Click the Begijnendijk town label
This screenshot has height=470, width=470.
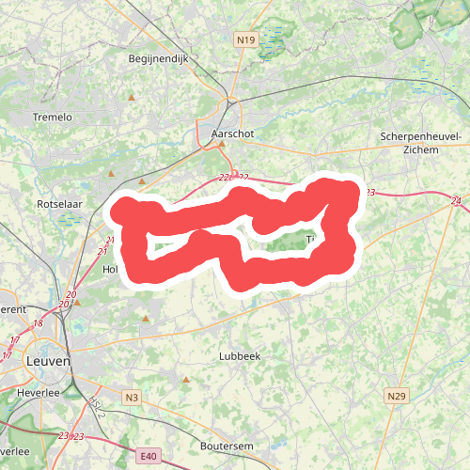point(159,58)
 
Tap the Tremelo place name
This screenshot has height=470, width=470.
point(53,117)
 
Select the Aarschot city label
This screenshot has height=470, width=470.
point(233,134)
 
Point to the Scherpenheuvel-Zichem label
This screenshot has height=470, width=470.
point(420,143)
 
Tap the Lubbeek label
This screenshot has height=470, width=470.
point(239,356)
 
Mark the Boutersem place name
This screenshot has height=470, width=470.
point(228,446)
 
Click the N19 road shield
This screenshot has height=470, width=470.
point(246,39)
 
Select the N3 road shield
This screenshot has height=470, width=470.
point(132,399)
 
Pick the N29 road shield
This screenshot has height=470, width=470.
point(396,398)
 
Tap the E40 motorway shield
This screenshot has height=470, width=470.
point(147,457)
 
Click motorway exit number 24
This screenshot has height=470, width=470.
point(456,201)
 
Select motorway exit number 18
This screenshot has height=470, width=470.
point(39,323)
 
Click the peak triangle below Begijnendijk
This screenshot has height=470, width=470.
point(133,97)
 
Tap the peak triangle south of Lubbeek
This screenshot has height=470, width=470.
point(186,380)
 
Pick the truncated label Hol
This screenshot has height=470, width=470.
point(108,269)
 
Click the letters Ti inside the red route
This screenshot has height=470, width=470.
point(313,240)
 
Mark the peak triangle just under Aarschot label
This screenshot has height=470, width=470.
point(222,145)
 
